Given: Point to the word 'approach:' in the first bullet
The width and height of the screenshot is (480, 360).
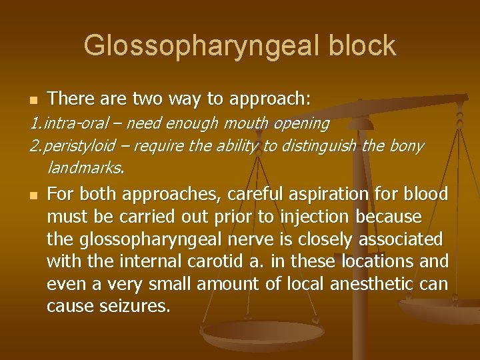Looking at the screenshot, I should click(269, 99).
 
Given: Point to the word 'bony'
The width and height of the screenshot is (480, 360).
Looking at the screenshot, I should click(406, 146).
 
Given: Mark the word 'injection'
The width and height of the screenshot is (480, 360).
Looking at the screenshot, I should click(319, 217).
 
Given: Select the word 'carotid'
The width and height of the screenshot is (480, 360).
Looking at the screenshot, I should click(201, 262).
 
